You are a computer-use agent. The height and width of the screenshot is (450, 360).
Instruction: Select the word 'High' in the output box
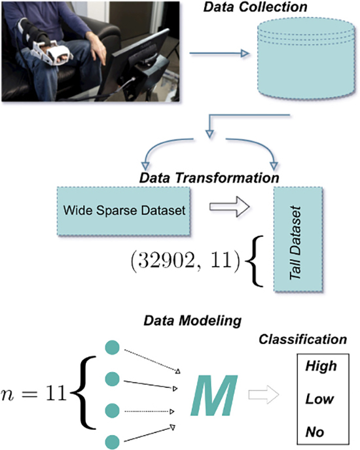pyautogui.click(x=321, y=366)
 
